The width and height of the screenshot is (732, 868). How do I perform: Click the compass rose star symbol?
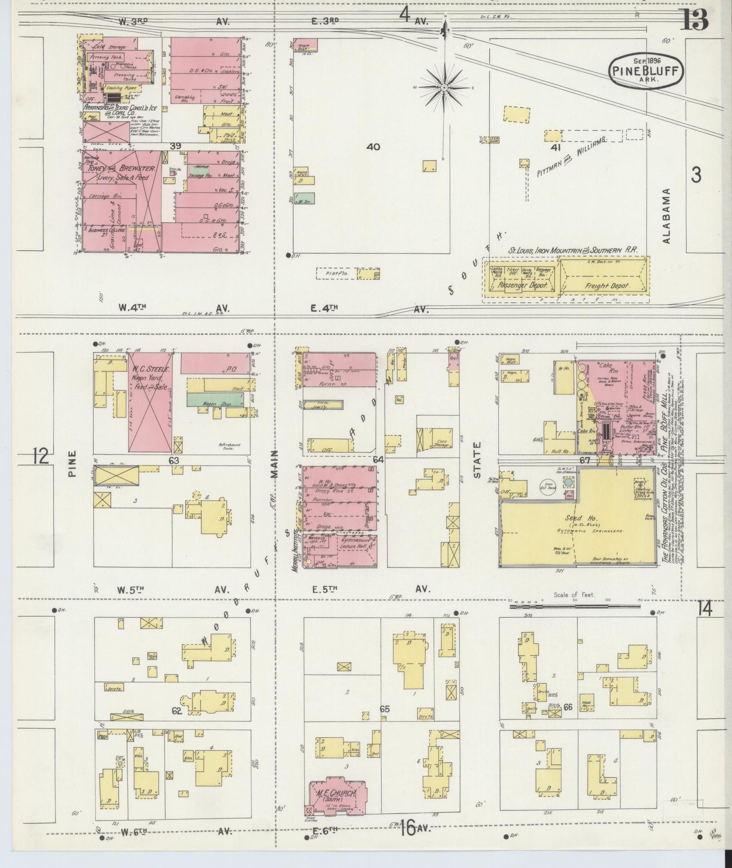pos(444,88)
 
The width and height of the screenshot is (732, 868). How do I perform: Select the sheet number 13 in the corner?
pos(695,20)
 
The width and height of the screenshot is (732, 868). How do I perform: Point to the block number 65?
pos(384,709)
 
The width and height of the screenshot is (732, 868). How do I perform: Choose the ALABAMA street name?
pos(667,216)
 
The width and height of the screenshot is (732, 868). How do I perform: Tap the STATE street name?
pos(477,460)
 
